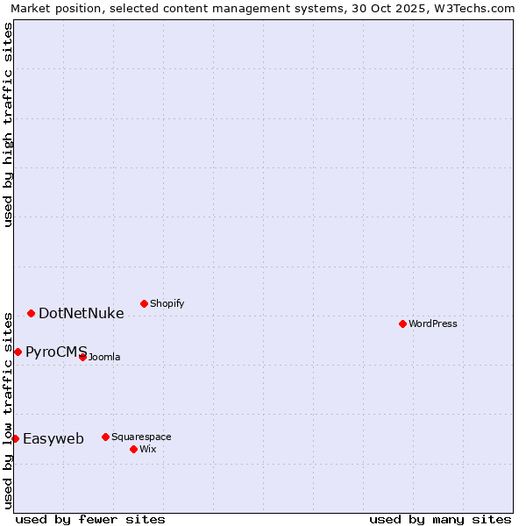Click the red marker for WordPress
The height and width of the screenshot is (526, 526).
click(402, 323)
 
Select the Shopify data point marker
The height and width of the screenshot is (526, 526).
click(144, 303)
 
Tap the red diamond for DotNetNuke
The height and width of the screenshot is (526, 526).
click(31, 313)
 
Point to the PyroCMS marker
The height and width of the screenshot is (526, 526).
click(18, 352)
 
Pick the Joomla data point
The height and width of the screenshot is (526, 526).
click(82, 357)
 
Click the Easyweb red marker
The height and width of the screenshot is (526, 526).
click(15, 438)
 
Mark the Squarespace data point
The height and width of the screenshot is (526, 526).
click(105, 437)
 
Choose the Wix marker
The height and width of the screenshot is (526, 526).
click(133, 449)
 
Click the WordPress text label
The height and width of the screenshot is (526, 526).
click(433, 323)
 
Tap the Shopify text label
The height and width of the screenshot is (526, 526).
click(167, 303)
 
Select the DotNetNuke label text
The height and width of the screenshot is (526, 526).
click(82, 313)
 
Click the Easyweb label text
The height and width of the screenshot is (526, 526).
click(53, 439)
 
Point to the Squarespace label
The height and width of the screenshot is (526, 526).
click(141, 437)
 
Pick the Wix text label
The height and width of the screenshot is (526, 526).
click(148, 449)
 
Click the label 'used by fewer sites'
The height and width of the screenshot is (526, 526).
click(90, 519)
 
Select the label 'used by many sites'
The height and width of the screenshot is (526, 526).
click(440, 519)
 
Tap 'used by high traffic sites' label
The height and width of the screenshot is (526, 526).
click(8, 124)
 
